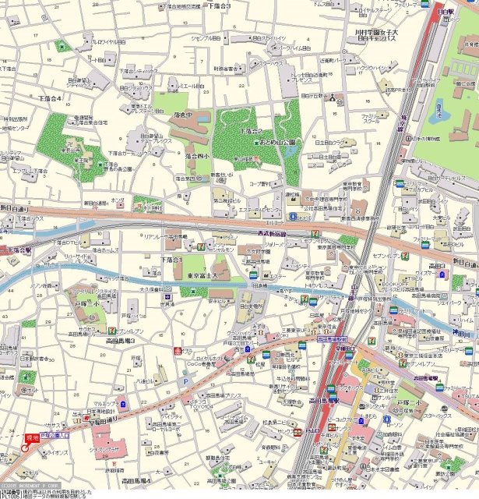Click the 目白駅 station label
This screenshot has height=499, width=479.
pyautogui.click(x=446, y=12)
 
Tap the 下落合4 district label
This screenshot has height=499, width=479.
pyautogui.click(x=48, y=99)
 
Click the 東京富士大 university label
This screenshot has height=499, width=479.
pyautogui.click(x=206, y=275)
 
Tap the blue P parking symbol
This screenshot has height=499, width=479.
pyautogui.click(x=184, y=381)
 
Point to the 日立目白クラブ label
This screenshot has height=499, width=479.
pyautogui.click(x=329, y=142)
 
